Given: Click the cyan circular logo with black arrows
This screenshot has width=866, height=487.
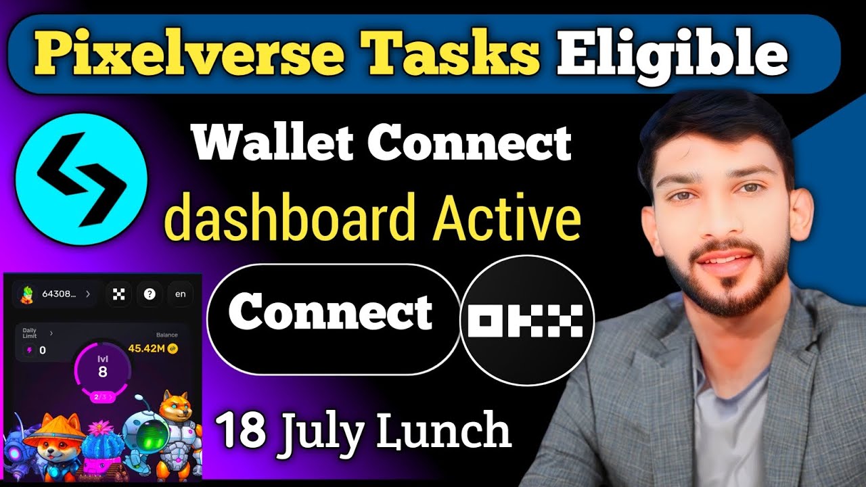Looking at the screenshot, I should pos(81,170).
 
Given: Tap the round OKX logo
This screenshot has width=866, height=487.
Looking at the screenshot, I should pos(526,320).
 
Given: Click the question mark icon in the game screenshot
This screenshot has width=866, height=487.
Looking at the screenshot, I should pos(150,294).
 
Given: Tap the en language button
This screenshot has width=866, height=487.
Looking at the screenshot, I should pos(180,294).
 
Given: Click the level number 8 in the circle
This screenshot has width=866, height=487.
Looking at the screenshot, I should pos(102,371).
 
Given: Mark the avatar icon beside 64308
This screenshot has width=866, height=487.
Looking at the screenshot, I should pos(28,294).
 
